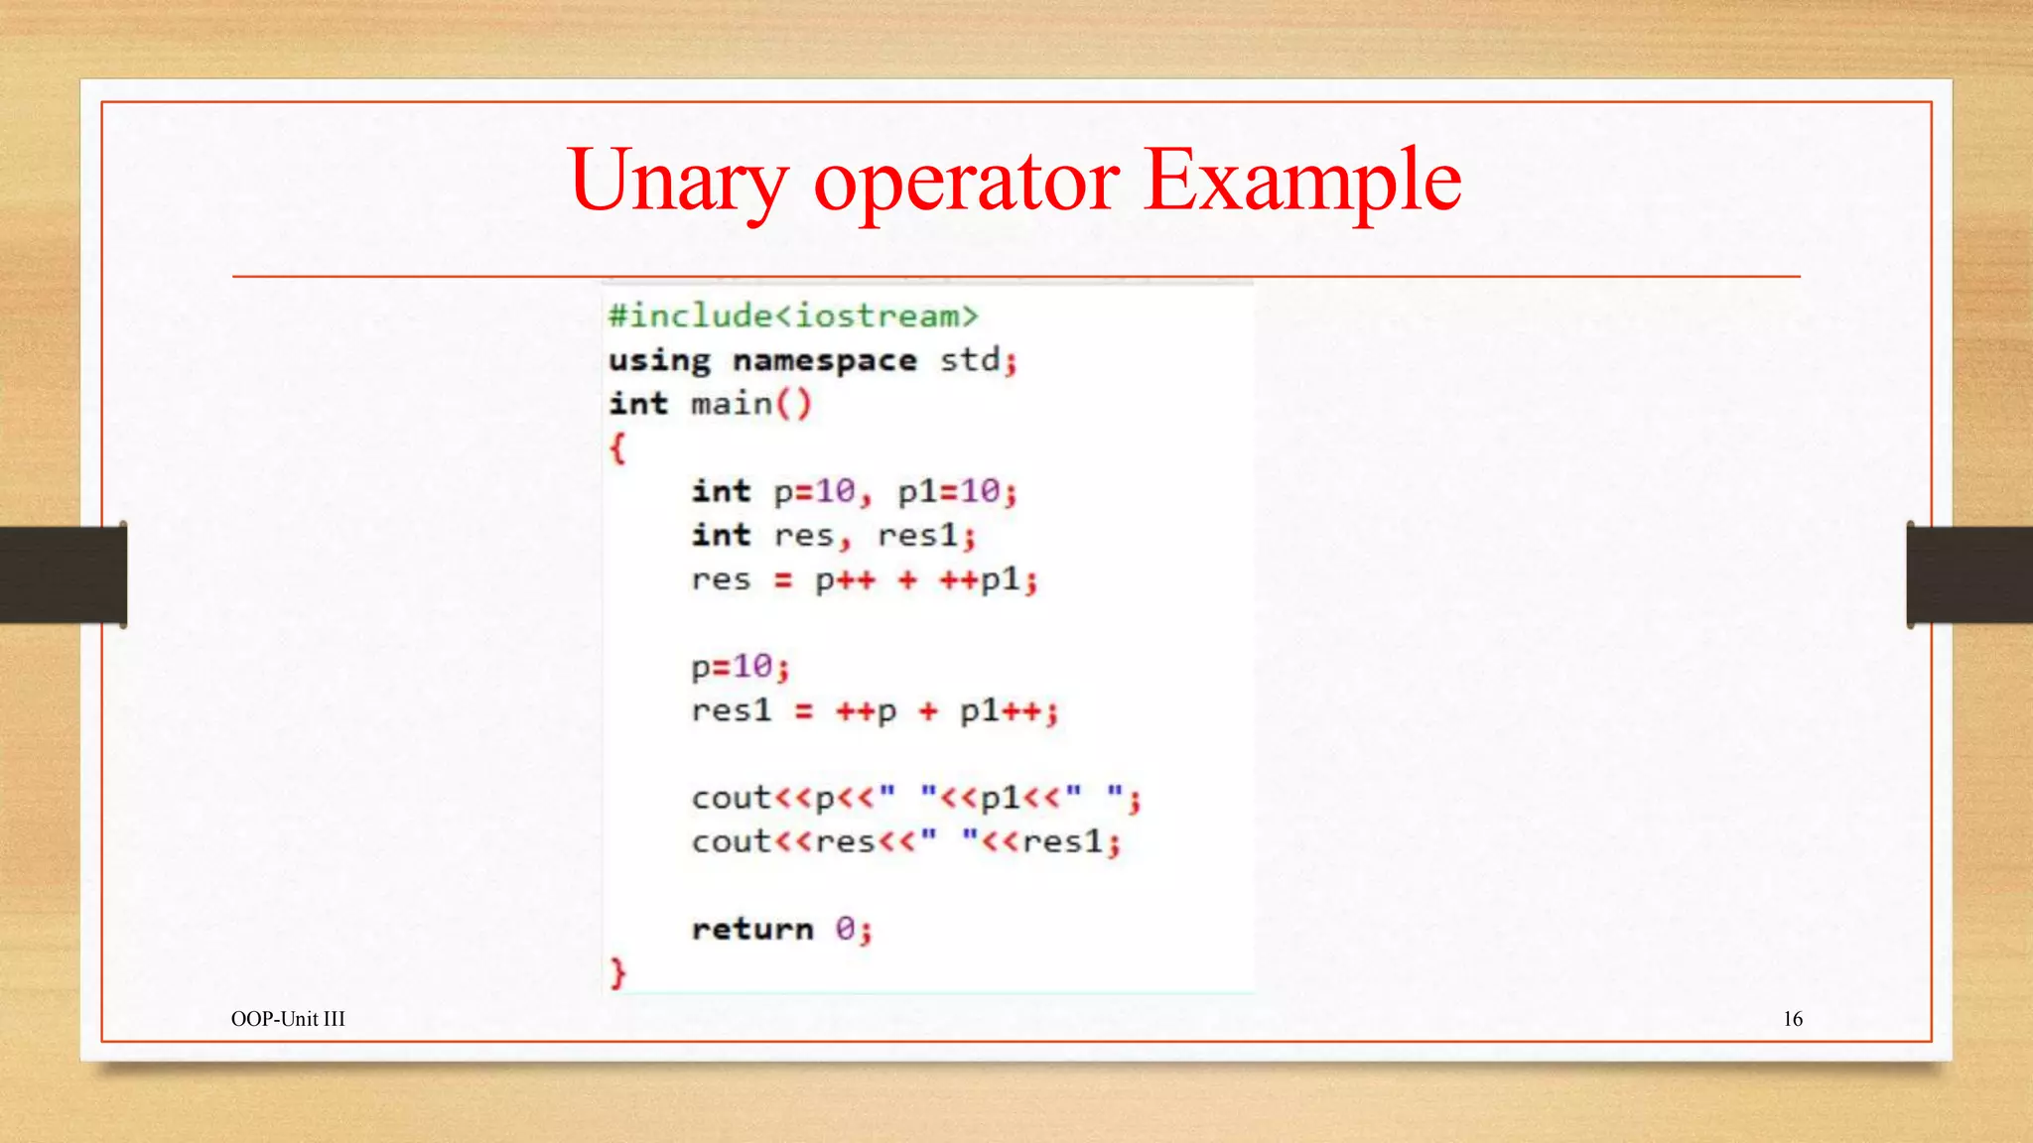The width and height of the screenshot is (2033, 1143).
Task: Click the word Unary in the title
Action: (x=678, y=182)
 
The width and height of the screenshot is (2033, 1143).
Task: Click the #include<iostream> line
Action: (x=793, y=317)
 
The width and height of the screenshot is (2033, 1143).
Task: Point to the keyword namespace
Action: (x=824, y=360)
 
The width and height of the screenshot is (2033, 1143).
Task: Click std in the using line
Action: (x=970, y=360)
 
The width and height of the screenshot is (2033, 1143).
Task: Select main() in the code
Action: (x=750, y=404)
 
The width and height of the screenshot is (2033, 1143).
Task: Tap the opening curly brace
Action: (x=617, y=448)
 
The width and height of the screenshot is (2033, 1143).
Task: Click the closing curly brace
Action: (x=617, y=972)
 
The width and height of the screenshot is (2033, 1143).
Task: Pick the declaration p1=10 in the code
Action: (x=948, y=491)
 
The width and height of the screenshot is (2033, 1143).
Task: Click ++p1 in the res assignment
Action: (x=980, y=579)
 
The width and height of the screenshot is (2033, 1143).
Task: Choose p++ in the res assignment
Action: (x=845, y=579)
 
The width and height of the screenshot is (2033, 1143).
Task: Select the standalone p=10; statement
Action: (x=741, y=667)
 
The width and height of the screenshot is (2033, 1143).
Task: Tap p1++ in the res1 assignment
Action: (x=1001, y=711)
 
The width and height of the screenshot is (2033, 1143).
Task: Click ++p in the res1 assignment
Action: (x=866, y=711)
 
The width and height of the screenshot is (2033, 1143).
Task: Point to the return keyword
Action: (x=752, y=929)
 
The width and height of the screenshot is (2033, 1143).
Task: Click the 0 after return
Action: (x=845, y=929)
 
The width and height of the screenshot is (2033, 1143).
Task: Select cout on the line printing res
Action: (x=731, y=842)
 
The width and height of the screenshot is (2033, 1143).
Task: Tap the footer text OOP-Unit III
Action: (x=288, y=1019)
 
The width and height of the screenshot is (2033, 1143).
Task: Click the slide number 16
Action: (x=1793, y=1019)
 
